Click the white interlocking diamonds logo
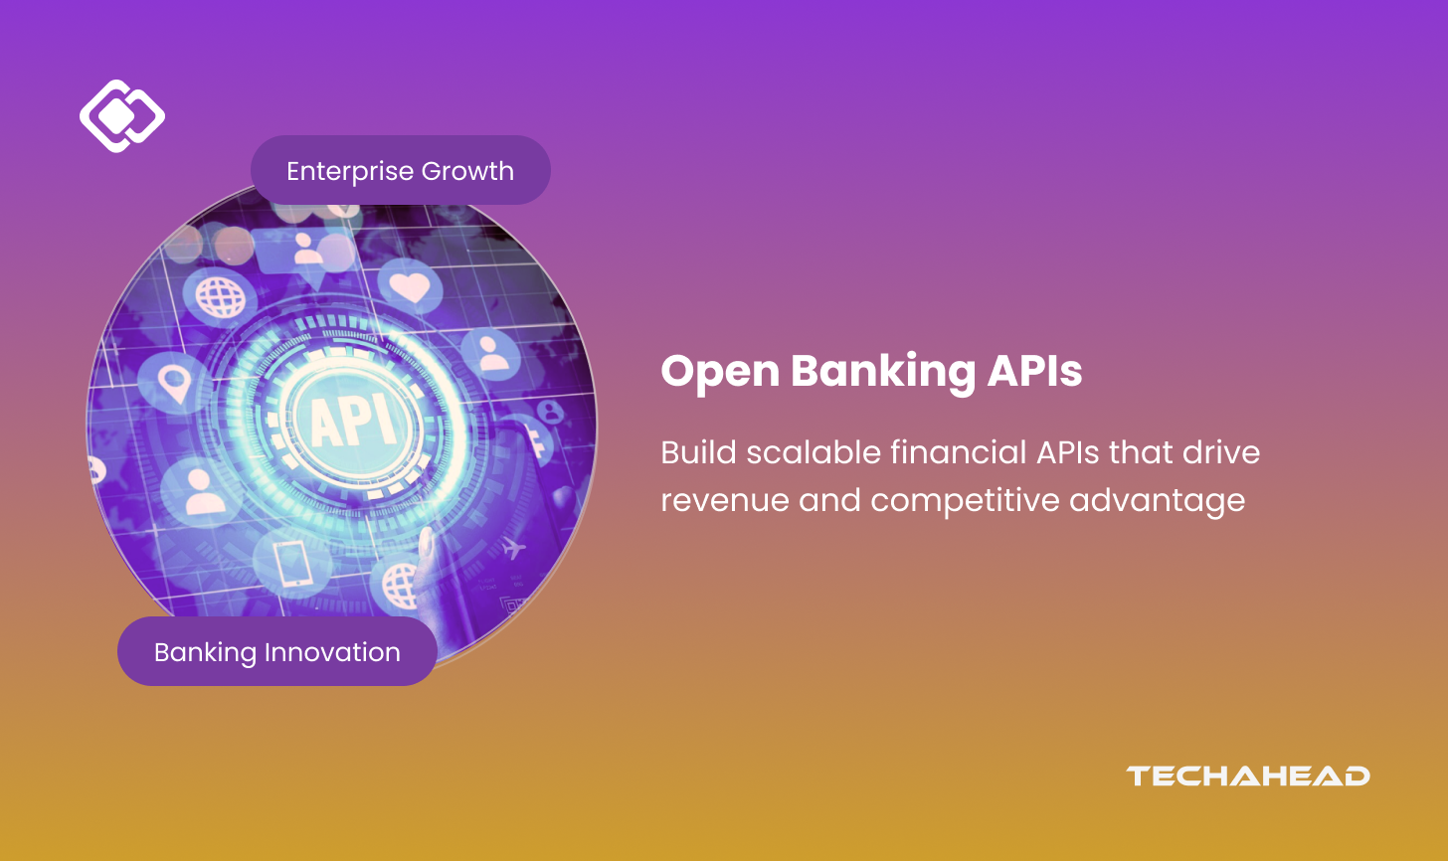click(x=122, y=116)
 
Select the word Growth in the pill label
click(x=468, y=171)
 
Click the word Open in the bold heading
click(x=720, y=372)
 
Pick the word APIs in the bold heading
click(x=1034, y=371)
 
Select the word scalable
click(x=814, y=451)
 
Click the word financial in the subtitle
click(x=959, y=451)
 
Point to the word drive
click(x=1221, y=451)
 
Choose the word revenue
click(x=725, y=501)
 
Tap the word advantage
click(x=1158, y=501)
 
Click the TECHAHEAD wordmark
click(x=1247, y=776)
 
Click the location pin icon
click(x=174, y=384)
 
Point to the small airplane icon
click(x=513, y=548)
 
